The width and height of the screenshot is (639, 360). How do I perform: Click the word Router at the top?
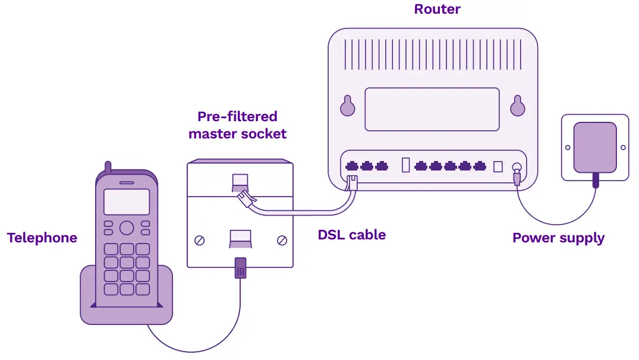coord(437,9)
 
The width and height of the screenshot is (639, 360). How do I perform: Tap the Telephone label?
coord(42,238)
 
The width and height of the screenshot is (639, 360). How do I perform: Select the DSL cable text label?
coord(351,235)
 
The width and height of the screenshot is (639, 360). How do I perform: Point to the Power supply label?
coord(558,238)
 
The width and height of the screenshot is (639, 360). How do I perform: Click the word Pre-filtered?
coord(237,116)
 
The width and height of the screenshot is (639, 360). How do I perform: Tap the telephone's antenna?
coord(108,168)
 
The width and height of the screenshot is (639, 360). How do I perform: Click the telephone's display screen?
coord(127,202)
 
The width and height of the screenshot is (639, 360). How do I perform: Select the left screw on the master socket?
coord(200,241)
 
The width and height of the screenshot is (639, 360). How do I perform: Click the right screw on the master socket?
coord(282,241)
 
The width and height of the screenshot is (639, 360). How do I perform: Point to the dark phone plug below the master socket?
coord(240,268)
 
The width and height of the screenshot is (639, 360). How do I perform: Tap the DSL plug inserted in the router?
coord(352,182)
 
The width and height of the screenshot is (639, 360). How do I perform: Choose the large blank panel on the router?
coord(432,109)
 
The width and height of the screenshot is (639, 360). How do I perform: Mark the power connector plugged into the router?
coord(517,177)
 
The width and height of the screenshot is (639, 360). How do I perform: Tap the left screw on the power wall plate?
coord(568,147)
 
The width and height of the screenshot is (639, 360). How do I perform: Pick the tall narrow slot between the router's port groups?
coord(406,165)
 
